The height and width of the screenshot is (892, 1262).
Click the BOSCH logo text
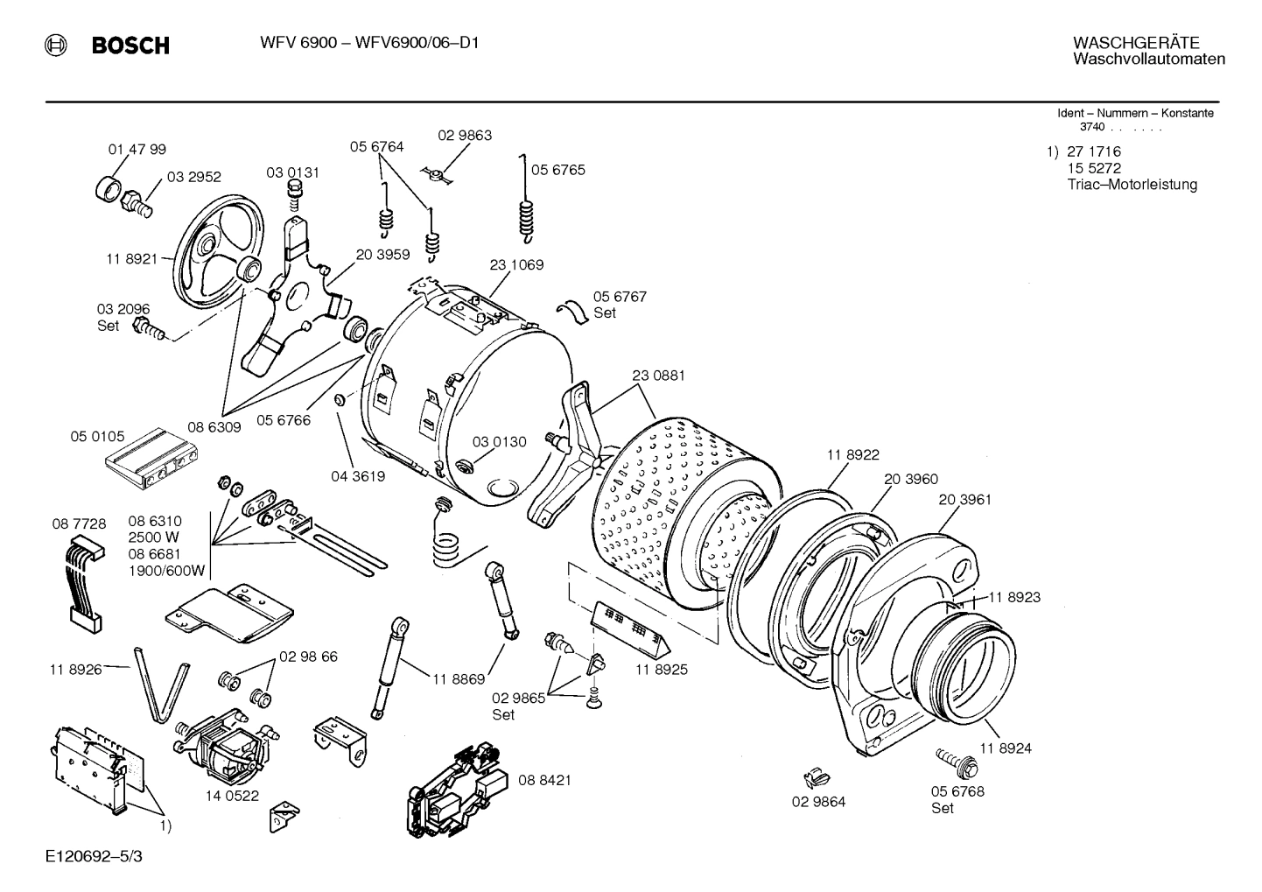pos(130,46)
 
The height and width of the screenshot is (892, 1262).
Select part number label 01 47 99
pos(137,150)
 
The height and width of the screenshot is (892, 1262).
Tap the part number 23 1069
pos(516,264)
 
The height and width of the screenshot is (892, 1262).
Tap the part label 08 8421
pos(544,780)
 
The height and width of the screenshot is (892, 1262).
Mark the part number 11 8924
pos(1005,748)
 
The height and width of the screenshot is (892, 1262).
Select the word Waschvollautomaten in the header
pos(1148,60)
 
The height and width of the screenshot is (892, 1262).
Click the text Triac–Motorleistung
pos(1132,185)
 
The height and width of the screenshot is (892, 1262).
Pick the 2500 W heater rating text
pos(154,537)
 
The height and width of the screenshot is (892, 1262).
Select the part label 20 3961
pos(964,500)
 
